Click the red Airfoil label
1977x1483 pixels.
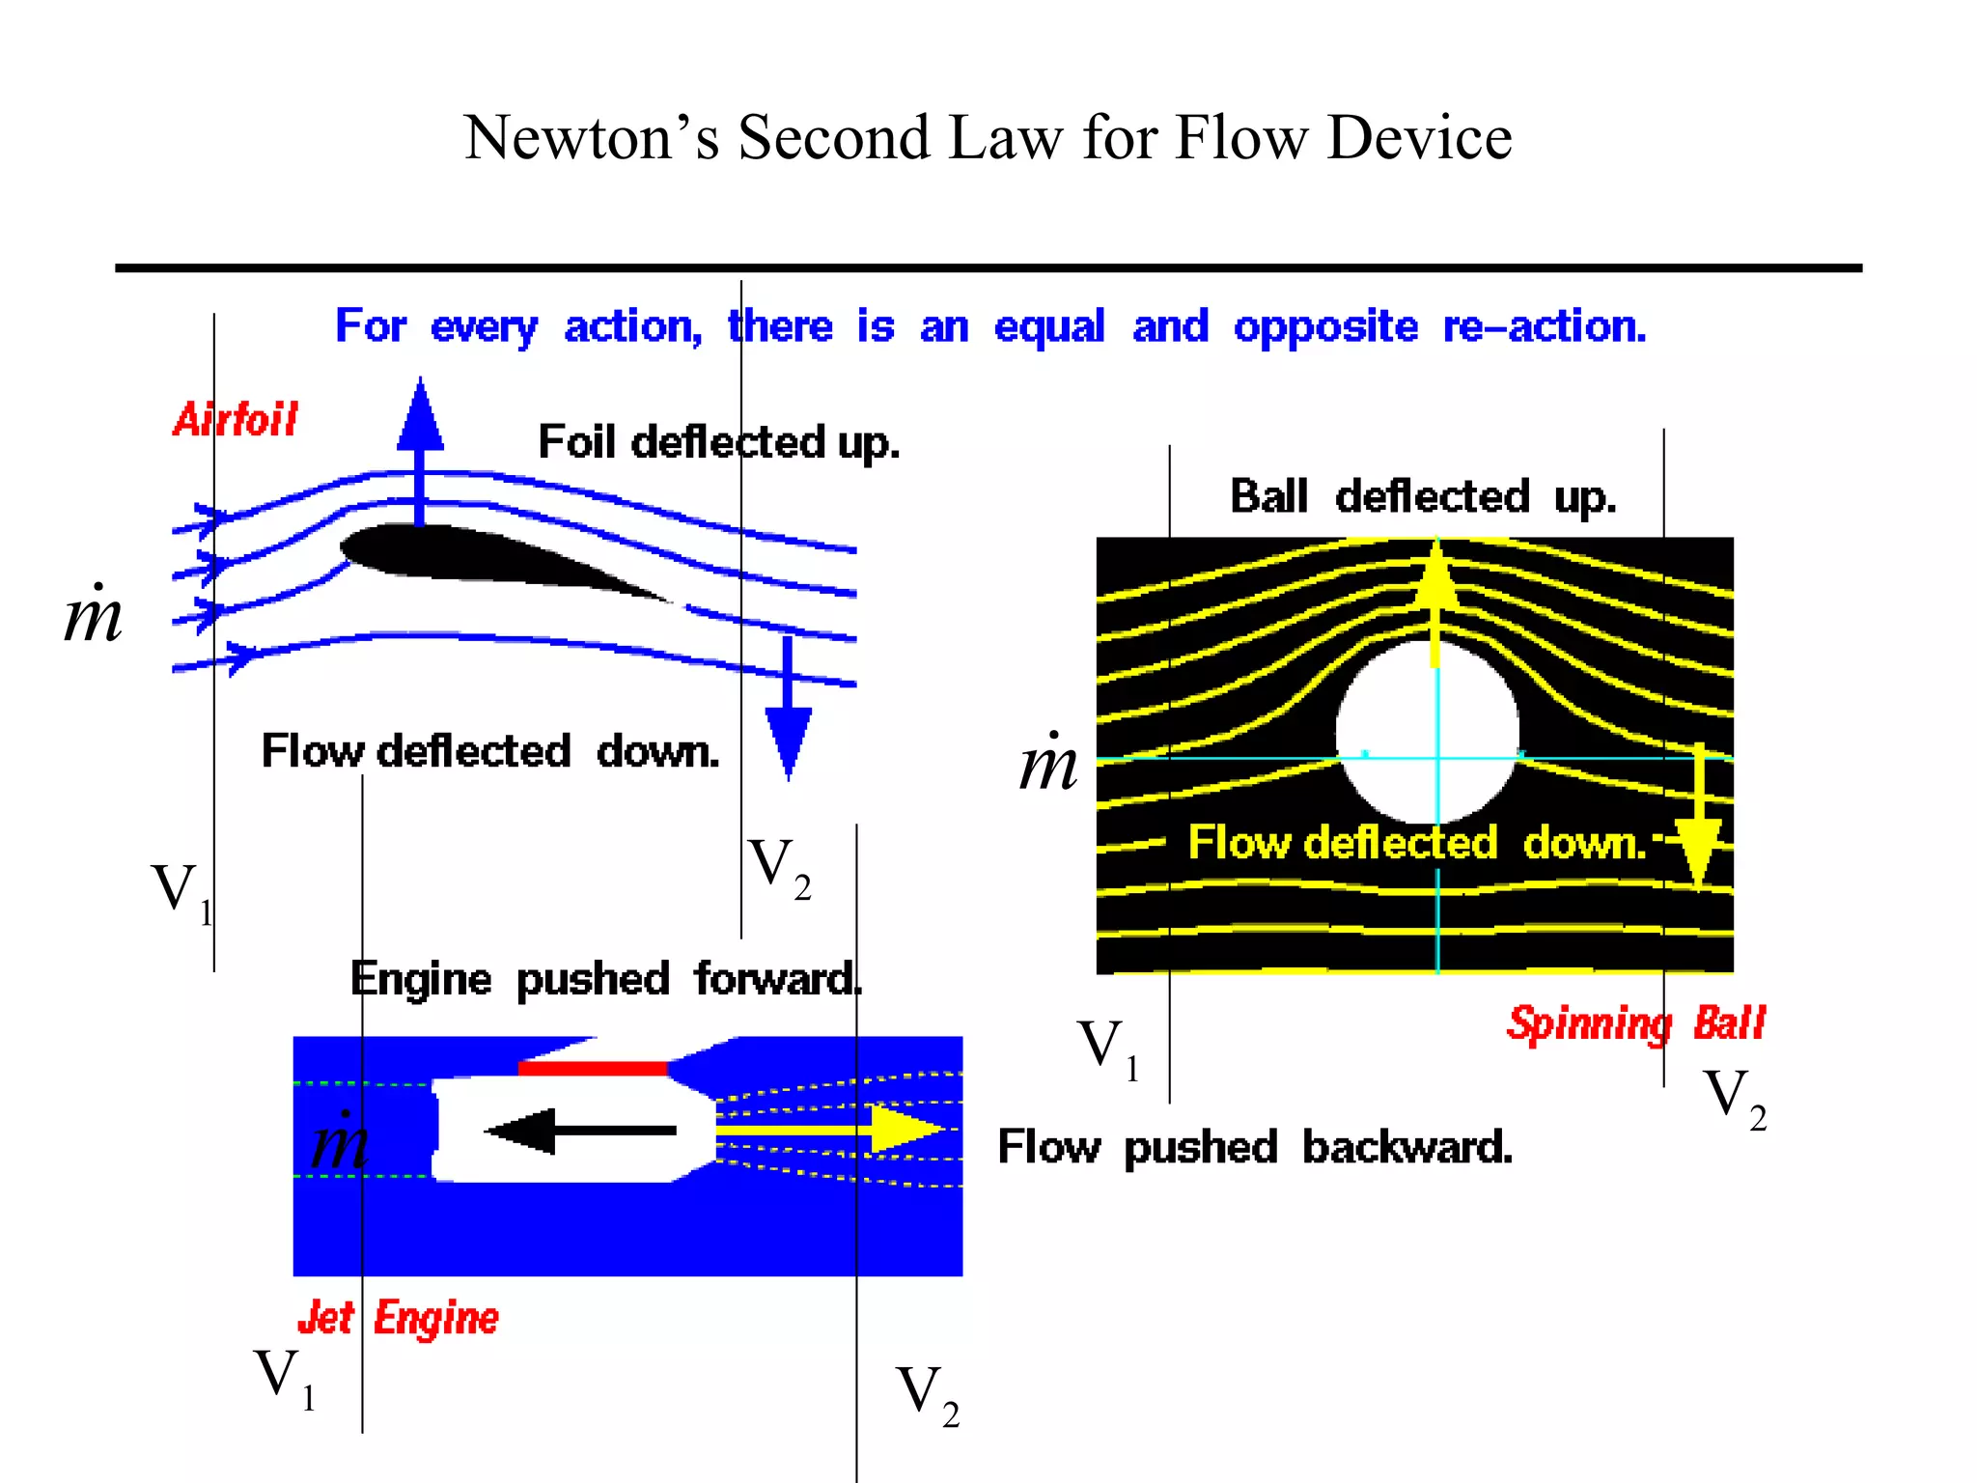[x=236, y=420]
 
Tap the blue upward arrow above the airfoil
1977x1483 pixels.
[x=420, y=444]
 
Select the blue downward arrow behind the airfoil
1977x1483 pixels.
[x=788, y=714]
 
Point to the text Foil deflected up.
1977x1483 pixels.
[x=718, y=442]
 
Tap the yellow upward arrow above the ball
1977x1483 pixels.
[x=1435, y=599]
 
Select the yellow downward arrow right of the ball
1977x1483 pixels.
[x=1698, y=821]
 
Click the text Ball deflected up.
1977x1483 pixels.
[x=1422, y=497]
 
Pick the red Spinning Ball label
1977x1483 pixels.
[x=1635, y=1023]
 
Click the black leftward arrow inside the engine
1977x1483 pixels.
[x=579, y=1131]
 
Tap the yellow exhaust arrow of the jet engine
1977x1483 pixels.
[x=830, y=1129]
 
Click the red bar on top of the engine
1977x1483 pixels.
[x=593, y=1068]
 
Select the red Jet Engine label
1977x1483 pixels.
[x=398, y=1319]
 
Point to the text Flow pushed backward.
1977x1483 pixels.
[x=1254, y=1148]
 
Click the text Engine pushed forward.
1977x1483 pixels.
[x=605, y=980]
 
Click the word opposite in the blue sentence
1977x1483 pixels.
[x=1325, y=327]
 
